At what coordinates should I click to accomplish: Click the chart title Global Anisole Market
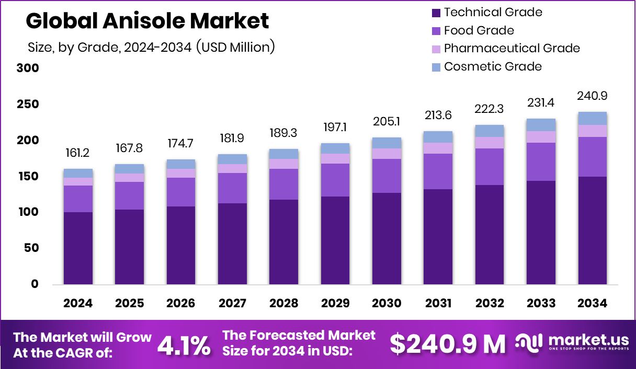(x=147, y=21)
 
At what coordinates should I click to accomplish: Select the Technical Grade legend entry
(x=486, y=12)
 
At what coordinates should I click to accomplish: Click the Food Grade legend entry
(x=472, y=30)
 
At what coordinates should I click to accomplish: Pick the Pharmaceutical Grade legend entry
(x=505, y=48)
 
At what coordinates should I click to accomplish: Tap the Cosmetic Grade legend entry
(x=486, y=66)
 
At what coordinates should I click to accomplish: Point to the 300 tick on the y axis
(x=28, y=68)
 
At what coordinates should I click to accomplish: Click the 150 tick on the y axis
(x=28, y=176)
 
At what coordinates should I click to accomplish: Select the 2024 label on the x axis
(x=78, y=304)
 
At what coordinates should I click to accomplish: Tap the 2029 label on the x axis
(x=335, y=304)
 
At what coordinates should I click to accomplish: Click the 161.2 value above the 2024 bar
(x=78, y=153)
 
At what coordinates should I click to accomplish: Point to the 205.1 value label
(x=387, y=122)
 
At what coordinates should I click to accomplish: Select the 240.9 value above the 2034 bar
(x=593, y=96)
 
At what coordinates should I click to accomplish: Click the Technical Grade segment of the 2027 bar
(x=232, y=244)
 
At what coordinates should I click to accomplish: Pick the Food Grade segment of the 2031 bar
(x=438, y=171)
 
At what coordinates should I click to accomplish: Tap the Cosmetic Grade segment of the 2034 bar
(x=593, y=119)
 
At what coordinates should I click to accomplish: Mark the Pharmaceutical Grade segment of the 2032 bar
(x=490, y=143)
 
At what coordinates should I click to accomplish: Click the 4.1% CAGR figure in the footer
(x=184, y=345)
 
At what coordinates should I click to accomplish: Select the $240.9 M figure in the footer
(x=448, y=344)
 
